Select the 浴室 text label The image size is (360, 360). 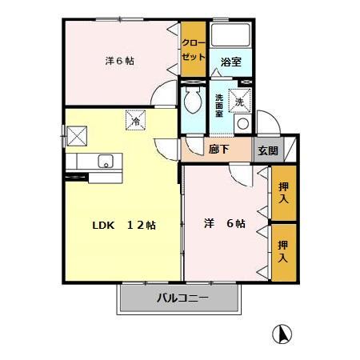230,62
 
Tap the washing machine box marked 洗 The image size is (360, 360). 240,101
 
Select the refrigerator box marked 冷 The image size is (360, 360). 135,121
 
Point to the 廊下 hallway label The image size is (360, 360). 219,149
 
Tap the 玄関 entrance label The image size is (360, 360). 267,150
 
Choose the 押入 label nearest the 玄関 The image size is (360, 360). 283,192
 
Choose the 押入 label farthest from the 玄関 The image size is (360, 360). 283,251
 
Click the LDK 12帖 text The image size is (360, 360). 121,225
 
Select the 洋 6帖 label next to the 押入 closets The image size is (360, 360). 224,224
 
